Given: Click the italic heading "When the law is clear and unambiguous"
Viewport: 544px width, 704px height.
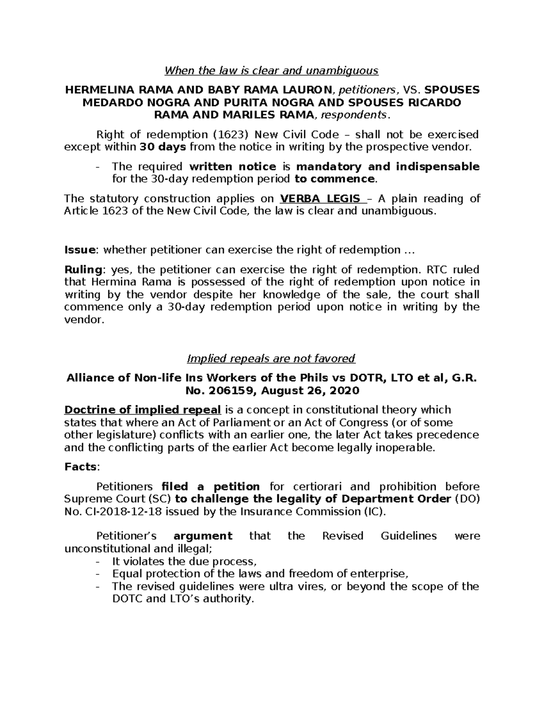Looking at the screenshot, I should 271,71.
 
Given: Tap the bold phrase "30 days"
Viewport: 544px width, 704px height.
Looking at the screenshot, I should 162,147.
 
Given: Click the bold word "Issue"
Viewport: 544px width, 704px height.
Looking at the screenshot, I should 80,250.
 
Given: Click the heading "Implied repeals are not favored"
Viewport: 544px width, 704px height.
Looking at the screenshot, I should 271,359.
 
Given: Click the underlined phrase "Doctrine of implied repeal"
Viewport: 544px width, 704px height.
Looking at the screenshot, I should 142,410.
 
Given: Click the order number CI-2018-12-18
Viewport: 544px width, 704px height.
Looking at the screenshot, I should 120,512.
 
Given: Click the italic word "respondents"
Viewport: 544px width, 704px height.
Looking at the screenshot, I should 354,115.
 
